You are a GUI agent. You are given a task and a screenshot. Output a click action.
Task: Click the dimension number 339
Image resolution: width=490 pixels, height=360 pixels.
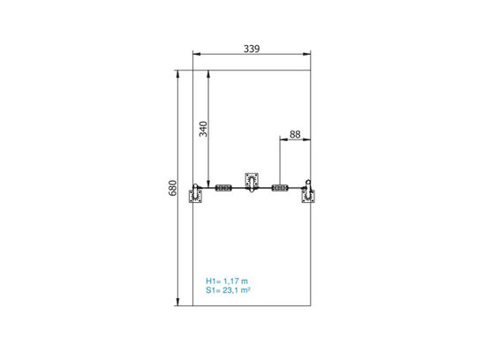click(252, 49)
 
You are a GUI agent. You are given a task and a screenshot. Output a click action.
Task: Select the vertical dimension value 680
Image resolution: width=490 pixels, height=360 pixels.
click(172, 188)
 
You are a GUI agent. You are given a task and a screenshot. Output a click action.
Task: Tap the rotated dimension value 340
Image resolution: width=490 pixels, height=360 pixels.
click(203, 129)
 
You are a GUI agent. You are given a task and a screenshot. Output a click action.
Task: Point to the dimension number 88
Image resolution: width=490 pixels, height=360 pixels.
click(295, 134)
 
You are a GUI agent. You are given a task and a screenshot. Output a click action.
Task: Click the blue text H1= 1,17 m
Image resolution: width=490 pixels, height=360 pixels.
click(227, 281)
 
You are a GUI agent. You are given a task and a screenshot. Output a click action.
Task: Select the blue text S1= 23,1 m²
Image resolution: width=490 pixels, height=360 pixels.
click(228, 290)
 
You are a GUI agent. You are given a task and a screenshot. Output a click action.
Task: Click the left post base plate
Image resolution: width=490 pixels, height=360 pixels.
click(196, 197)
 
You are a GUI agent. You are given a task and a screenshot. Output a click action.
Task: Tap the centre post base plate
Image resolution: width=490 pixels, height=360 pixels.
click(252, 179)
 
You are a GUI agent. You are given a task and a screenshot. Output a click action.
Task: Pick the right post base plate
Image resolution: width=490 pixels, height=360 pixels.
click(308, 197)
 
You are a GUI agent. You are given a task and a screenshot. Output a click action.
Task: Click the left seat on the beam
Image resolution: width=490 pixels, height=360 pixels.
click(223, 188)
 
